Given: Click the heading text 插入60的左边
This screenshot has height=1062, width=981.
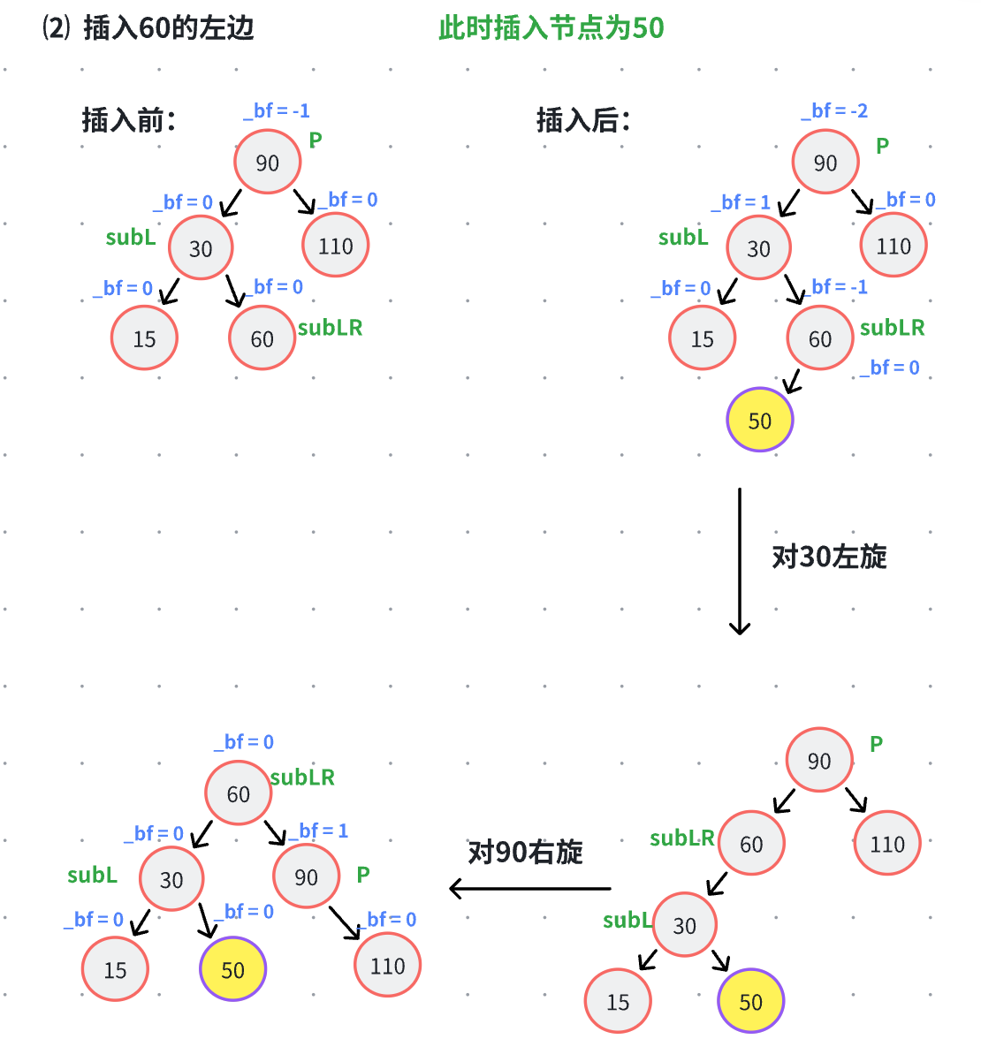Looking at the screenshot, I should pyautogui.click(x=168, y=28).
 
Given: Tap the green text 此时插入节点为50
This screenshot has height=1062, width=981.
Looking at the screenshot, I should pyautogui.click(x=551, y=28).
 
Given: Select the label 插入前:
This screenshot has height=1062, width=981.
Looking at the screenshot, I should pyautogui.click(x=129, y=120).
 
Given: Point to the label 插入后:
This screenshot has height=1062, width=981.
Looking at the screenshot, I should pyautogui.click(x=583, y=120).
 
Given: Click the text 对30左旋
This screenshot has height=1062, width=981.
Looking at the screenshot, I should pyautogui.click(x=829, y=557).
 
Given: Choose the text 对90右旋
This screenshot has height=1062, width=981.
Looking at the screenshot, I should pyautogui.click(x=525, y=853).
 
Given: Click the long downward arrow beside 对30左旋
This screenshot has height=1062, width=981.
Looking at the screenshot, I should pyautogui.click(x=740, y=561).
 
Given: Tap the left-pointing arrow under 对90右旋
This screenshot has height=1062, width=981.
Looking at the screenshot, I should pyautogui.click(x=529, y=888).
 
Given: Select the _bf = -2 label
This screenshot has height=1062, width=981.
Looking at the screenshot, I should pyautogui.click(x=834, y=111).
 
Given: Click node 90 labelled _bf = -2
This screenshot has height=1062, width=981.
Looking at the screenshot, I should pyautogui.click(x=825, y=163).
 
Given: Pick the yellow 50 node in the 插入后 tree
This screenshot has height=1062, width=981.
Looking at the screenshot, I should pyautogui.click(x=760, y=421).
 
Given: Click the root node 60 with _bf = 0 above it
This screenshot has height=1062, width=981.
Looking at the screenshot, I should pyautogui.click(x=239, y=794).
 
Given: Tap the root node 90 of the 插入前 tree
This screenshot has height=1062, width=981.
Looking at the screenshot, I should pyautogui.click(x=268, y=163).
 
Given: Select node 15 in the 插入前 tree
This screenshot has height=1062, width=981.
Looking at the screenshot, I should pyautogui.click(x=145, y=338).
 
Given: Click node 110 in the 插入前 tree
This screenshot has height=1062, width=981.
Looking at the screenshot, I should pyautogui.click(x=336, y=246).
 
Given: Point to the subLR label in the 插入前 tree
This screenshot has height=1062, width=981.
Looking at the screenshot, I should pyautogui.click(x=330, y=328).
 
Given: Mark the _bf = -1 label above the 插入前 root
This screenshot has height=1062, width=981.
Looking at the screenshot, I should pyautogui.click(x=277, y=111).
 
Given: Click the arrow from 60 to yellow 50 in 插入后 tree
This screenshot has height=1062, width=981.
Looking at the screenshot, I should pyautogui.click(x=792, y=381).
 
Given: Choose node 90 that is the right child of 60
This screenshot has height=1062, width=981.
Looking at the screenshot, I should pyautogui.click(x=307, y=877).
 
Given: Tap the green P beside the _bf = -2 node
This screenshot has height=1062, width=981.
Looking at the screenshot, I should pyautogui.click(x=882, y=147).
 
